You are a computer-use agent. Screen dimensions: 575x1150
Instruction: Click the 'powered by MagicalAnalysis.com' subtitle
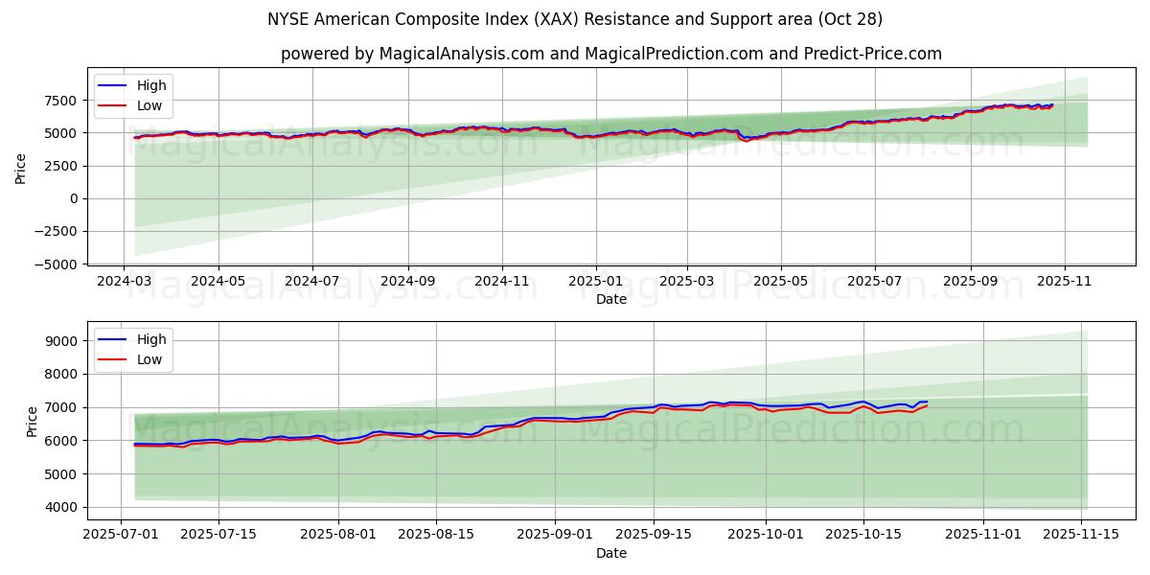tap(610, 54)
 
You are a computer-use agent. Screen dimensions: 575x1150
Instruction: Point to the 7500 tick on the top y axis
tap(60, 101)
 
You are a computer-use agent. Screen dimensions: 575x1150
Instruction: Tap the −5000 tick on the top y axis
tap(57, 264)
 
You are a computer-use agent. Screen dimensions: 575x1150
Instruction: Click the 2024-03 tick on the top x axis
tap(124, 282)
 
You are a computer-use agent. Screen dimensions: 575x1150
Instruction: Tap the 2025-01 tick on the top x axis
tap(596, 282)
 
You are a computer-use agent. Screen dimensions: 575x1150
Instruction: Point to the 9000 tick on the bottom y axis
tap(60, 341)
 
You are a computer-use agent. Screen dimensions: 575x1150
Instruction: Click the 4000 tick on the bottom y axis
tap(60, 507)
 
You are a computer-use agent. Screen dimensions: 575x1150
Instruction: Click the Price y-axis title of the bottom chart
tap(33, 421)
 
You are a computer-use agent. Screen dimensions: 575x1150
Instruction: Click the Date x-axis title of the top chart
tap(610, 299)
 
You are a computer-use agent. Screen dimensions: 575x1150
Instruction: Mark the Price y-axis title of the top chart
tap(21, 168)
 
